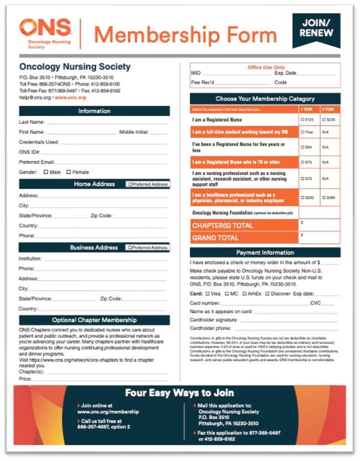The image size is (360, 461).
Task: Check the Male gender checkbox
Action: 46,172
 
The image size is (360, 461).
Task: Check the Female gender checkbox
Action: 69,172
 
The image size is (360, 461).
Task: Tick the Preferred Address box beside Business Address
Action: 130,248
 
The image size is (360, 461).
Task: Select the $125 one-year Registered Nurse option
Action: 303,119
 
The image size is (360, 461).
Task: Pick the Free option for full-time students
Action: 303,132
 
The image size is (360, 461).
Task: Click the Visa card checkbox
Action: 208,293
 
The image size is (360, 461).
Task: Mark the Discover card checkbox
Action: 268,293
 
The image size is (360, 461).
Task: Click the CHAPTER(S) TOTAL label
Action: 222,226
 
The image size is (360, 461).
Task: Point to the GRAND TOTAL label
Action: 216,238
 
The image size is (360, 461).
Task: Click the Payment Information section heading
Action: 265,253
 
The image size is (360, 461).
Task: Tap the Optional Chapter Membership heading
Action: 94,320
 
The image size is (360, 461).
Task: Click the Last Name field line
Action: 106,122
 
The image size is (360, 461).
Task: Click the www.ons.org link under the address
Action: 71,98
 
